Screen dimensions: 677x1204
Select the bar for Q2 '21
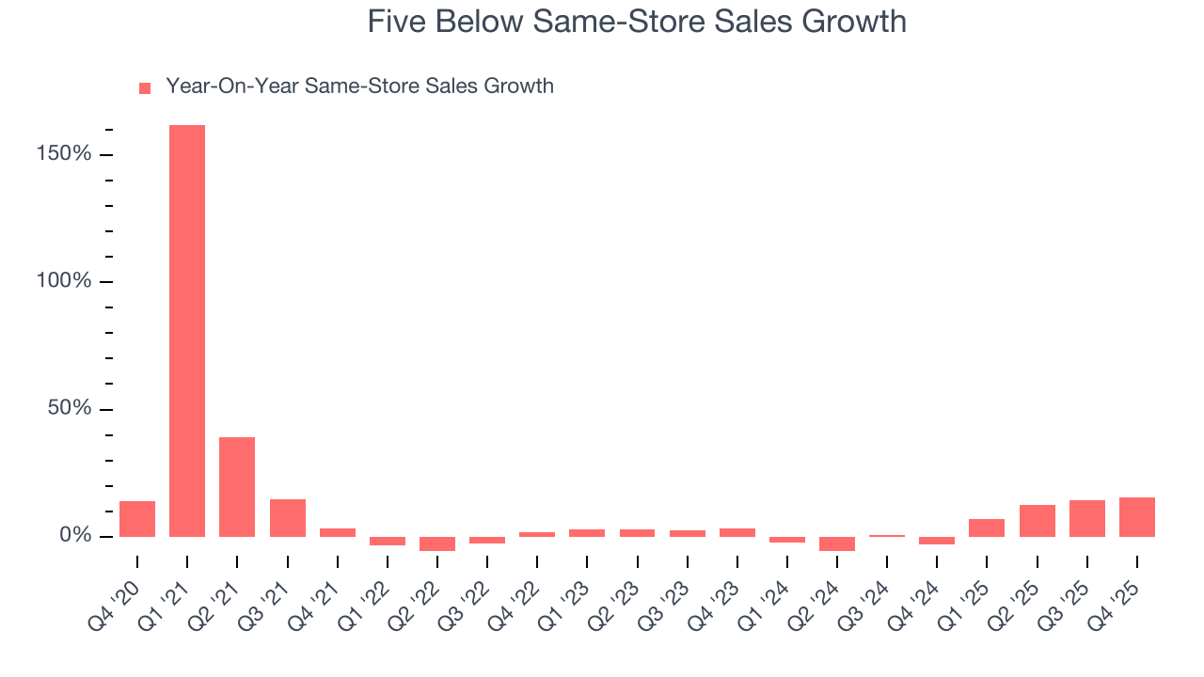[237, 487]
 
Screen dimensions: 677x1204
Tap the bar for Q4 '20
[137, 519]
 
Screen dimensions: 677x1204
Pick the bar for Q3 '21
[287, 518]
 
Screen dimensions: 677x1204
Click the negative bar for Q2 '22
[437, 543]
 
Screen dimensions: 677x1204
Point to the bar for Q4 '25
[1137, 517]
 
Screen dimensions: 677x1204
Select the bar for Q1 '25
[987, 527]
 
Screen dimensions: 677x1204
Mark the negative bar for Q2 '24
[837, 543]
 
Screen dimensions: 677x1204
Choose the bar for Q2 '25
[1037, 521]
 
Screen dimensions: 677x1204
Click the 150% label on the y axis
[64, 154]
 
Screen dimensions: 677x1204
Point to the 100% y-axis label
[64, 282]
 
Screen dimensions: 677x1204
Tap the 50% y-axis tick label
[70, 409]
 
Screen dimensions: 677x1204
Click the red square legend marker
[145, 88]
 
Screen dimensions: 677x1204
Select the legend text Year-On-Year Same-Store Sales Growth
[359, 87]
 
